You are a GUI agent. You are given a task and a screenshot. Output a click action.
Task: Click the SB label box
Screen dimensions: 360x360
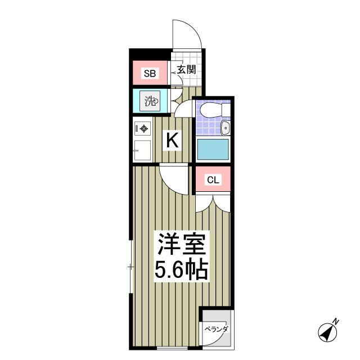tap(149, 73)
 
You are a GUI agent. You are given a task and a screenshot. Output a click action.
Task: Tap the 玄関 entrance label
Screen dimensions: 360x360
tap(186, 70)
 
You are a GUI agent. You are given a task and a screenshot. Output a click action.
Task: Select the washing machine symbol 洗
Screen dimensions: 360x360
tap(150, 102)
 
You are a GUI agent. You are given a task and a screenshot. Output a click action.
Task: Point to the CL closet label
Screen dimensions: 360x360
tap(212, 180)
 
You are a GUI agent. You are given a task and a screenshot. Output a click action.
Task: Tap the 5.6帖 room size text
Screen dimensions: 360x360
tap(182, 272)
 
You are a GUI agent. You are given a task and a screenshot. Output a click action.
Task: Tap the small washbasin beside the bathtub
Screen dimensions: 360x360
tap(225, 128)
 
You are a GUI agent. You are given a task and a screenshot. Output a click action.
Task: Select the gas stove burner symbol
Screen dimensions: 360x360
tap(143, 129)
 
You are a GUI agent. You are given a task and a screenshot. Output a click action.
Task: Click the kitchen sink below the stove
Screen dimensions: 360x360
tap(143, 150)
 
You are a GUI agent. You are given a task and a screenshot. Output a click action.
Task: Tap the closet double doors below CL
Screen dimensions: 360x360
tap(213, 202)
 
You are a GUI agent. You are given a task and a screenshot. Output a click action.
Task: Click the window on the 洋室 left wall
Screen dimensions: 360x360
tap(131, 267)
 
